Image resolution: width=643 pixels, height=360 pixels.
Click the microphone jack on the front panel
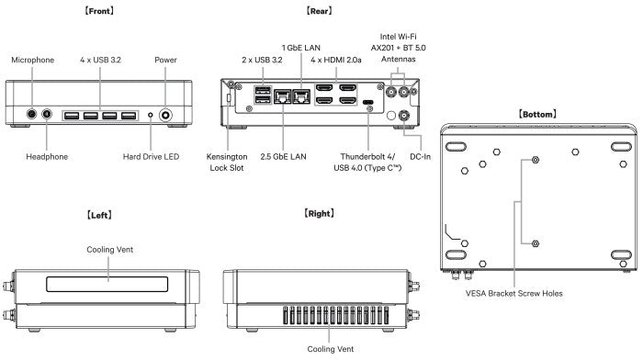click(33, 115)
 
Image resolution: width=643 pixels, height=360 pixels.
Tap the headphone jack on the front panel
click(47, 115)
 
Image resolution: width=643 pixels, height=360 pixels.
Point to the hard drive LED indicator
click(151, 116)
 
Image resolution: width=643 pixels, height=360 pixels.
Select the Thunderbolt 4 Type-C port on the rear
click(368, 103)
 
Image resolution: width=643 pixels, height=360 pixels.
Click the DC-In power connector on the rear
click(403, 116)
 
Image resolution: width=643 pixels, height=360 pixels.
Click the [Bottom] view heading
click(537, 114)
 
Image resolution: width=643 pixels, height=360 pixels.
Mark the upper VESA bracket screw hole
click(536, 160)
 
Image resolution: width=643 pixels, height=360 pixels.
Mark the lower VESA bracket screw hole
click(536, 243)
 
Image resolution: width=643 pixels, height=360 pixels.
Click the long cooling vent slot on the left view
click(108, 275)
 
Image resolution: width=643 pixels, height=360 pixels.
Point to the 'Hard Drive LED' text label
click(150, 157)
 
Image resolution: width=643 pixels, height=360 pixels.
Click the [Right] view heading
click(318, 213)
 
